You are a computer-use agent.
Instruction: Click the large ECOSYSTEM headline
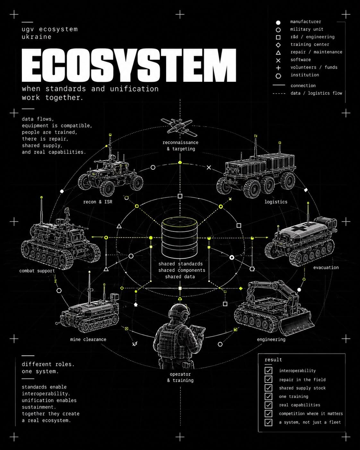click(x=129, y=65)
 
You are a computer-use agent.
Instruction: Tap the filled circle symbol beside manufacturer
click(x=278, y=22)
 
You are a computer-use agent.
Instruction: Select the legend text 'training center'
click(x=310, y=44)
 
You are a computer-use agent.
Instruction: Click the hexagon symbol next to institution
click(x=278, y=76)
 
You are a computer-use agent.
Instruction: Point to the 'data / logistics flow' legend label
click(x=316, y=93)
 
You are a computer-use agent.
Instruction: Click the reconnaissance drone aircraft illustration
click(x=179, y=126)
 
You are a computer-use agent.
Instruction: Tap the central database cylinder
click(x=180, y=238)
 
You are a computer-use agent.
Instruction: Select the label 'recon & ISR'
click(x=98, y=202)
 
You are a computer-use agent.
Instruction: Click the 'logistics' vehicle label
click(x=276, y=202)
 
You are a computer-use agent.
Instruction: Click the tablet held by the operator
click(x=198, y=330)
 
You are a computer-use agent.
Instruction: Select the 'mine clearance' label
click(x=88, y=339)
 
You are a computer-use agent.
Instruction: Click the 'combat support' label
click(x=37, y=271)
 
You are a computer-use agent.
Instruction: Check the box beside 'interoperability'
click(x=269, y=370)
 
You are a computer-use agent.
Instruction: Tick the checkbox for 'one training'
click(x=269, y=396)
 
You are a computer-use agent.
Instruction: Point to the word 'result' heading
click(x=273, y=360)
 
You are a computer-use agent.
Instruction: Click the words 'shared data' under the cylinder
click(x=180, y=277)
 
